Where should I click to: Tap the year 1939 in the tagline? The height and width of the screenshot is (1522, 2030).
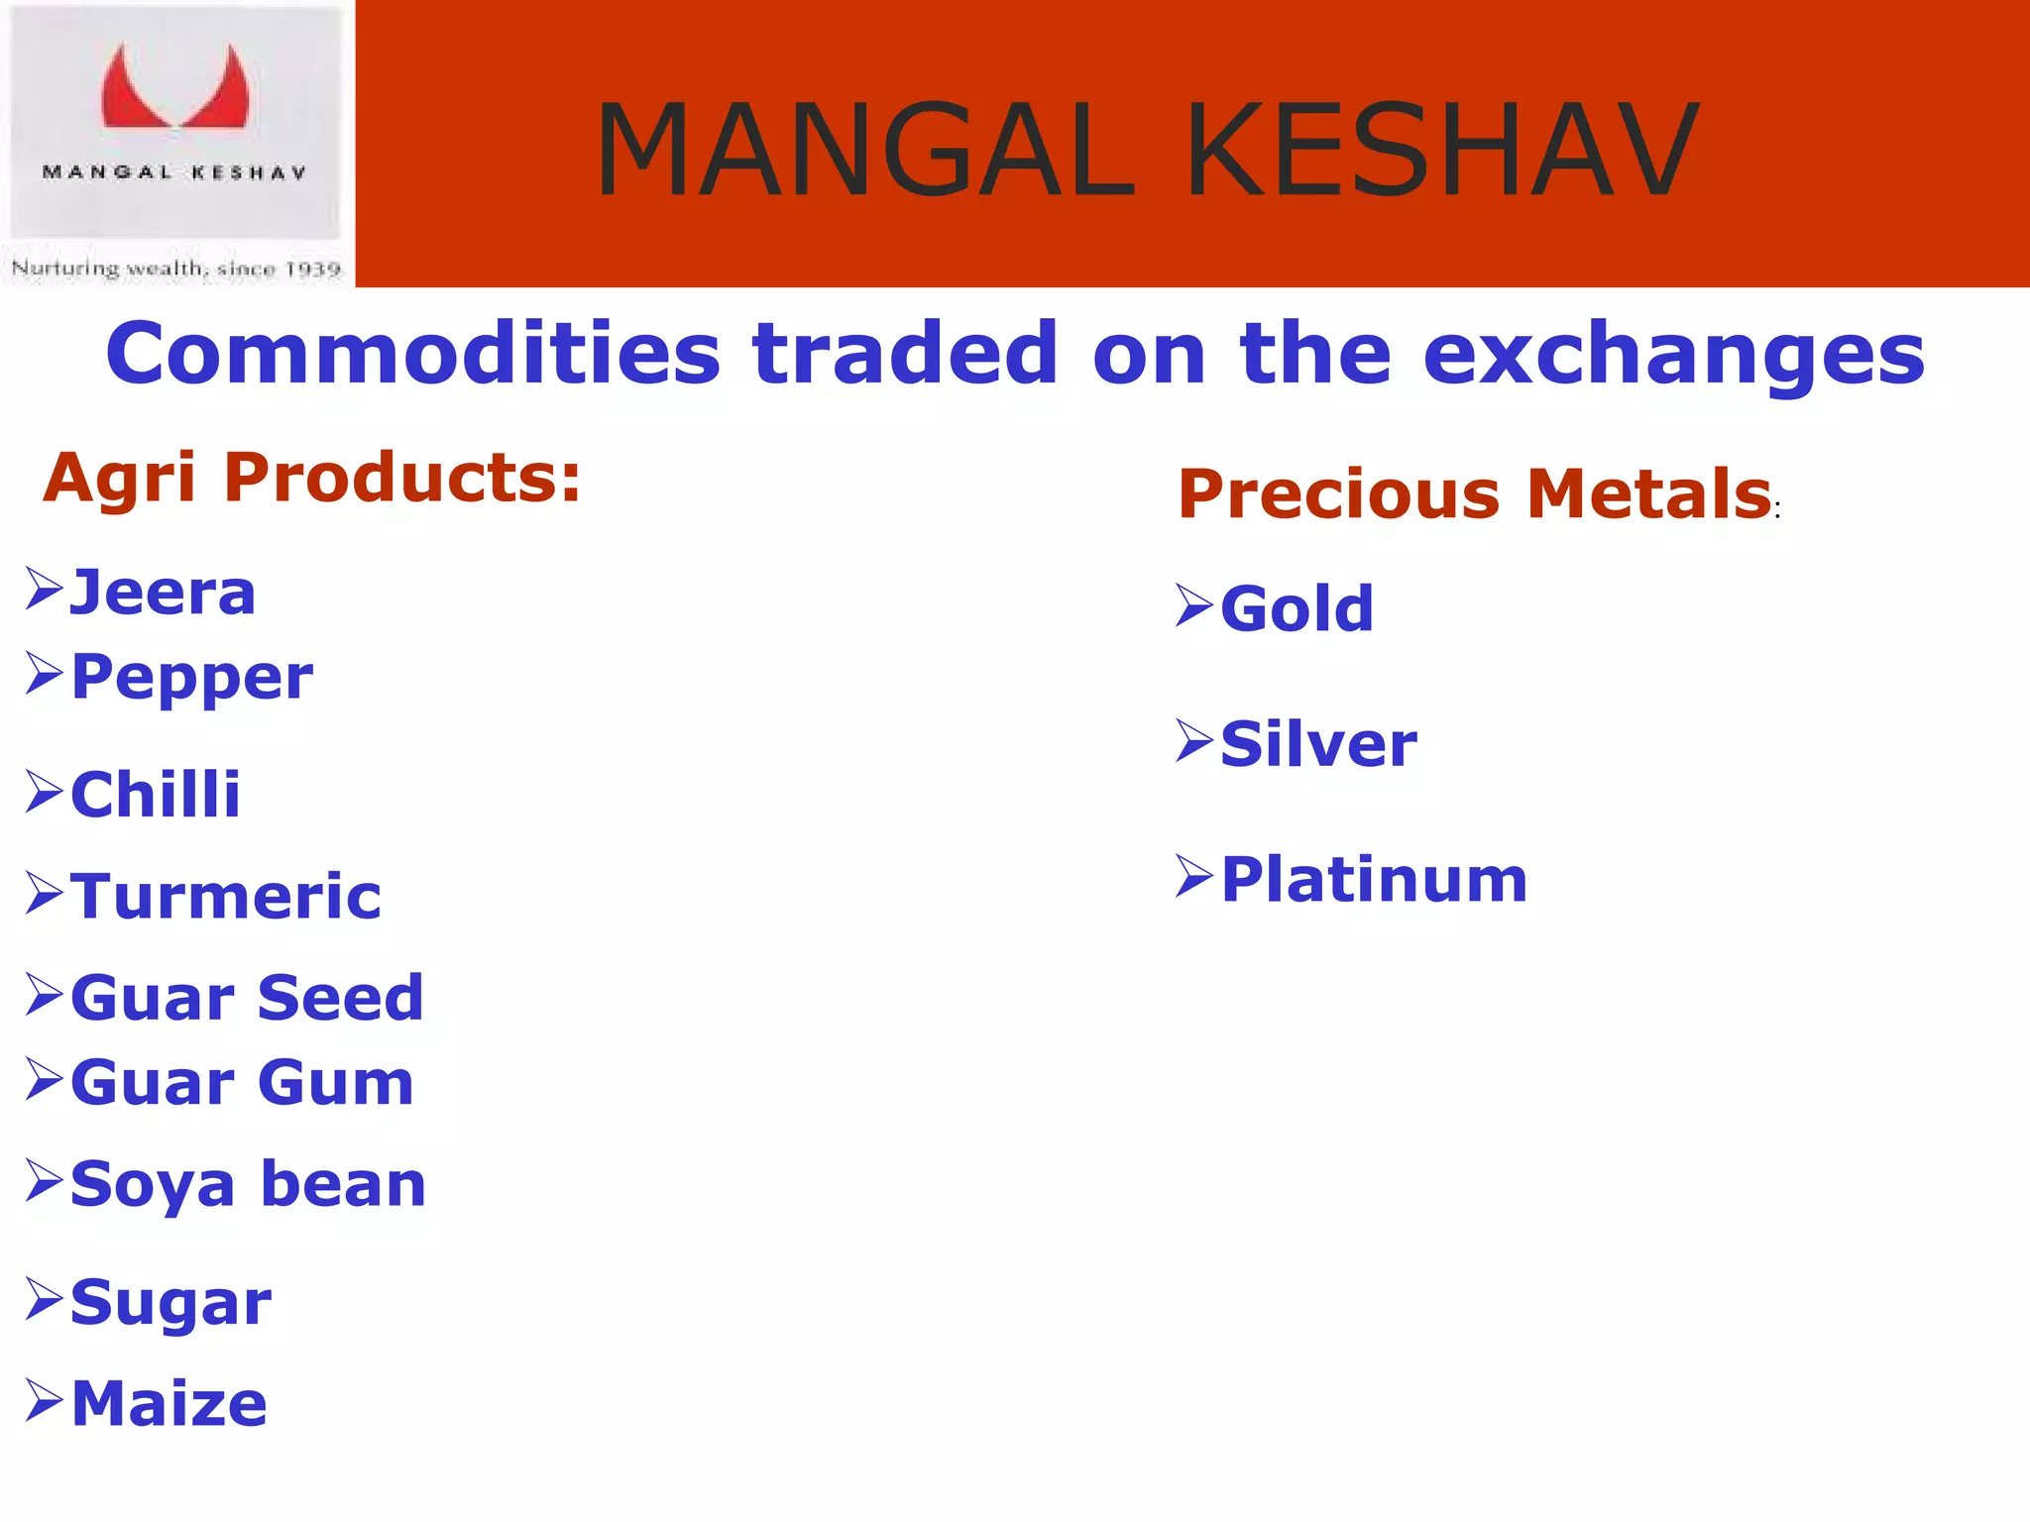click(312, 270)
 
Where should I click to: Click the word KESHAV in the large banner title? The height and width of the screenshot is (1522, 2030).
click(1442, 152)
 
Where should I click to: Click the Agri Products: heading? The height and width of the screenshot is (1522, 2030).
click(311, 478)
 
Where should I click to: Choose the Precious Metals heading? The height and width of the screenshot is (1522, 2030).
click(1474, 494)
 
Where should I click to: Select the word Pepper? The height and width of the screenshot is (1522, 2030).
click(192, 679)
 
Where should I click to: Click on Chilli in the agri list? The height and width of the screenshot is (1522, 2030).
click(156, 795)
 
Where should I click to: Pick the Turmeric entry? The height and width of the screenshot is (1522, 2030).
click(226, 897)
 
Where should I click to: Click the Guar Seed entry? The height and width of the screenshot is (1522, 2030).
click(247, 998)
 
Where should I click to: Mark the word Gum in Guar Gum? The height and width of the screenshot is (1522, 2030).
click(335, 1082)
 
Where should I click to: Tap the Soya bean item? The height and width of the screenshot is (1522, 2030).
click(248, 1185)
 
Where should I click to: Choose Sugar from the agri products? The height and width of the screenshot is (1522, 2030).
click(170, 1303)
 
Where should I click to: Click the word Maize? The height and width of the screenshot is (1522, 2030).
click(169, 1404)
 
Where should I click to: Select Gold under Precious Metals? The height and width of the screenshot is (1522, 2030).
click(1297, 608)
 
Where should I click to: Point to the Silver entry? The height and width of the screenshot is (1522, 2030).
click(1318, 744)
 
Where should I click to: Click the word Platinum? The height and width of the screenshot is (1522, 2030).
click(1374, 880)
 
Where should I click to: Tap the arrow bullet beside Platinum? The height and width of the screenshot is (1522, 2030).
click(1194, 877)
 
